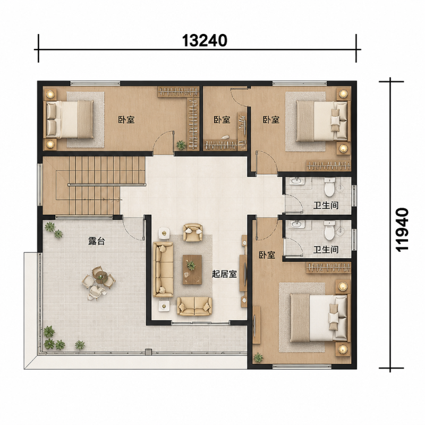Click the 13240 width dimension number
click(x=205, y=41)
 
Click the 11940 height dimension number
click(x=402, y=230)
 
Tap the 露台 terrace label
click(x=97, y=241)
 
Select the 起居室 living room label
click(x=224, y=274)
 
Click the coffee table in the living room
click(x=192, y=269)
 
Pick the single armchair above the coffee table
click(x=193, y=232)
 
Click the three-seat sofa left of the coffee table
click(x=163, y=269)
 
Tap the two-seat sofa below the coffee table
click(x=194, y=306)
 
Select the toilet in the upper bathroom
click(x=329, y=187)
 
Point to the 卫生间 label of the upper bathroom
click(x=326, y=205)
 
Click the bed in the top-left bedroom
click(x=70, y=119)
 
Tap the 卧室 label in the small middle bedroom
click(x=222, y=120)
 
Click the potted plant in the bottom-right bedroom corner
click(x=258, y=358)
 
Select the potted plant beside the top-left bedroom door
click(x=181, y=145)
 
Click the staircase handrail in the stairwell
click(x=107, y=184)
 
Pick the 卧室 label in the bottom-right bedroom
click(x=267, y=255)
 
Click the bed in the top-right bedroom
click(x=322, y=121)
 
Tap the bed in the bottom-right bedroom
click(x=319, y=318)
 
